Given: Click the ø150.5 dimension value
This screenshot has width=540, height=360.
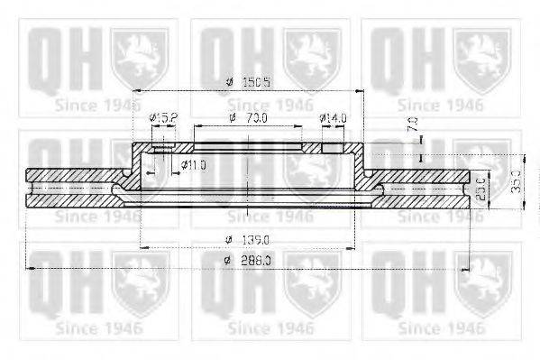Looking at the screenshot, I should pos(255,82).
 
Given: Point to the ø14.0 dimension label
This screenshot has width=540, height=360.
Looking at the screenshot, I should pos(334,118).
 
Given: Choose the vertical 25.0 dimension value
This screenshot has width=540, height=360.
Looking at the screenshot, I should pos(481,191).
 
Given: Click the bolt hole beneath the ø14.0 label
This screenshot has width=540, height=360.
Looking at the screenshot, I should pos(333,148).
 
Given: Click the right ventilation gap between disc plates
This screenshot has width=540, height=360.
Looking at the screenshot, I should pos(424,189).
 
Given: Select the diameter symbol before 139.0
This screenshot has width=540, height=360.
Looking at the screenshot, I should pos(231,238).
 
